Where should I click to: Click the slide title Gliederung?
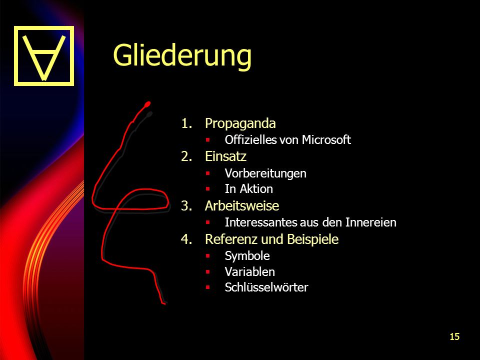(182, 55)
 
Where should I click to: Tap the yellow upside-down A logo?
(44, 55)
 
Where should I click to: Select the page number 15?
(454, 336)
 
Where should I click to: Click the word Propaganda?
(240, 123)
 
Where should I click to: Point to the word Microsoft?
(326, 139)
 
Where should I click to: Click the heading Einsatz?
(225, 156)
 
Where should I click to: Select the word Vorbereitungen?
(265, 173)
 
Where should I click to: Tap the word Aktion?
(256, 189)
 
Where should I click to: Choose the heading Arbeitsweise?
(242, 205)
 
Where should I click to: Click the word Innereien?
(370, 222)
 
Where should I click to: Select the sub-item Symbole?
(247, 256)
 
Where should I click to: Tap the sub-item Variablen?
(250, 272)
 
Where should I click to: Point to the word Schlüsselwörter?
(266, 287)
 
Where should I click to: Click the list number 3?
(186, 205)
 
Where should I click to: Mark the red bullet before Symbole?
(208, 255)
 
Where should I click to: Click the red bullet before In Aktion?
(208, 189)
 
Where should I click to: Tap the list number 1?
(186, 123)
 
